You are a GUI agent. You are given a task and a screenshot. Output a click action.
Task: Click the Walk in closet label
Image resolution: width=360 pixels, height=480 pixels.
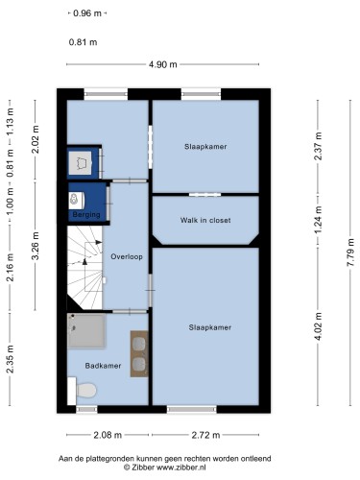[205, 220]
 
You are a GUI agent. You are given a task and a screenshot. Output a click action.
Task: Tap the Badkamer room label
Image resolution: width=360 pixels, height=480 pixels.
[103, 366]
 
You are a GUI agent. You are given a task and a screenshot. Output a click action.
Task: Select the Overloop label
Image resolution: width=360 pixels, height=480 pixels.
[127, 256]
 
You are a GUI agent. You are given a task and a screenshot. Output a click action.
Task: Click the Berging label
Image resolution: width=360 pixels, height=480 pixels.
[86, 214]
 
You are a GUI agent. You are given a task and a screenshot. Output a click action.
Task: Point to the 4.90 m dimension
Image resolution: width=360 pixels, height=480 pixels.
[162, 64]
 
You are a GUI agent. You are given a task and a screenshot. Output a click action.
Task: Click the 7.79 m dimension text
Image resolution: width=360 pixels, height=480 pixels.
[350, 252]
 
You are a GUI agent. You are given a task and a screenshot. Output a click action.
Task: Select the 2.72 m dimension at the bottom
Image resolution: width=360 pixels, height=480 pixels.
[205, 435]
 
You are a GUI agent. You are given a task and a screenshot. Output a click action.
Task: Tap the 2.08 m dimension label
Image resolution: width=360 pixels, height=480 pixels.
[108, 435]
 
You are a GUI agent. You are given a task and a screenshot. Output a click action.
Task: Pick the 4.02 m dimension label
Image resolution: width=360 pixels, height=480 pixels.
[318, 326]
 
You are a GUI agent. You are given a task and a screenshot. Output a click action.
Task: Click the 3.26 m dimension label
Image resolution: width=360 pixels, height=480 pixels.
[36, 246]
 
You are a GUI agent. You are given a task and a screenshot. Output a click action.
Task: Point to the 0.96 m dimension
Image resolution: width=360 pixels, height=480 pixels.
[87, 13]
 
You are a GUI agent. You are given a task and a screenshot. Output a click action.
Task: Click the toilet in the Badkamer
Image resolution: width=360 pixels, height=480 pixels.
[82, 391]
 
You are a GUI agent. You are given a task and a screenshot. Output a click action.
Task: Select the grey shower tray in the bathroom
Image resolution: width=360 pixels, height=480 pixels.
[86, 331]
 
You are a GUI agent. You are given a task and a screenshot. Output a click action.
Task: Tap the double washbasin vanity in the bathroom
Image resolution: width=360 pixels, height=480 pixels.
[139, 353]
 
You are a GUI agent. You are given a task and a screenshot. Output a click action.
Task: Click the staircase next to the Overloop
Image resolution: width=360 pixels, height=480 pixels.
[84, 268]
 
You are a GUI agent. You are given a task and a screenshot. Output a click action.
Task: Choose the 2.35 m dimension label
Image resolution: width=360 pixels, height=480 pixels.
[10, 359]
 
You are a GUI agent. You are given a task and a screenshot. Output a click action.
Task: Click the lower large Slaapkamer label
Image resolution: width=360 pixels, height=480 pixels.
[210, 327]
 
